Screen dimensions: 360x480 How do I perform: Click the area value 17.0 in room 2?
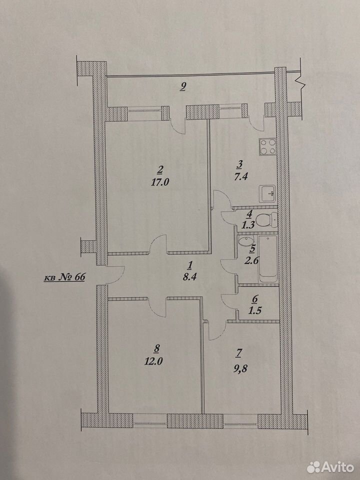(x=160, y=182)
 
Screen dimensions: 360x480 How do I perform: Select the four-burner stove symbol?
(x=268, y=146)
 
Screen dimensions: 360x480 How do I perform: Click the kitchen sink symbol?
(x=268, y=193)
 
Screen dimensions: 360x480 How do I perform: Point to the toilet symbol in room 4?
(x=266, y=219)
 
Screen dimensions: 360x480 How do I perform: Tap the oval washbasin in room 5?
(x=245, y=241)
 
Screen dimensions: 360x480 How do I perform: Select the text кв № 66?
(x=64, y=277)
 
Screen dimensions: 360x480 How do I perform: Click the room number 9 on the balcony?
(x=183, y=87)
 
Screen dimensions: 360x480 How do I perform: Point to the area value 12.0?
(x=153, y=361)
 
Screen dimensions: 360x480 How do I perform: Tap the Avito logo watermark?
(x=330, y=467)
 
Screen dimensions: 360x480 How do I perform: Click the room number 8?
(x=157, y=348)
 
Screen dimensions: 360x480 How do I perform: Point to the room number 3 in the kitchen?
(x=239, y=164)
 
